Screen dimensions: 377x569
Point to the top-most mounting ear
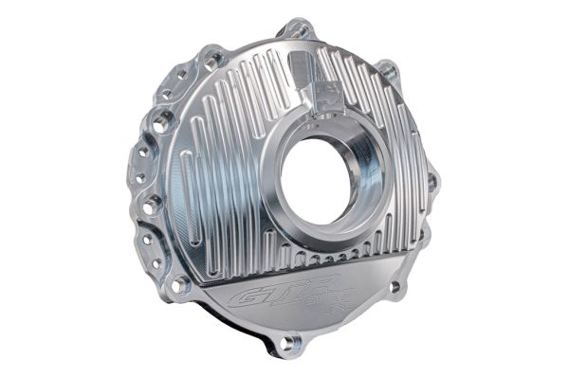pyautogui.click(x=296, y=31)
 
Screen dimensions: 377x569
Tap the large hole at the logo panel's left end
pyautogui.click(x=178, y=282)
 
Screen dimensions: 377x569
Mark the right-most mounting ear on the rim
pyautogui.click(x=432, y=180)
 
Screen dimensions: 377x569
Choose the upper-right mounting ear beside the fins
pyautogui.click(x=388, y=72)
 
